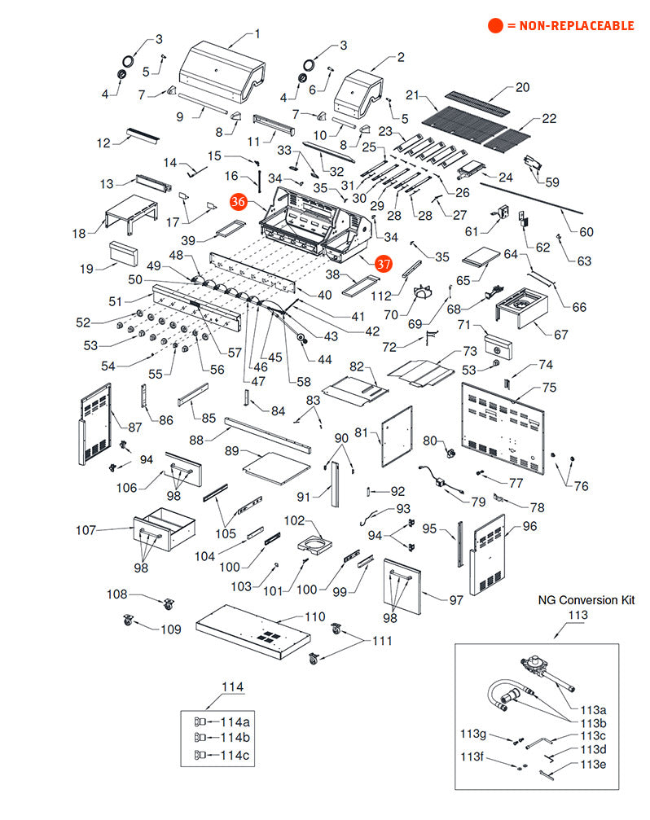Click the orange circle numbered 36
[x=238, y=203]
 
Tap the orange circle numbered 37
[x=384, y=263]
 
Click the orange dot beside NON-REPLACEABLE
[x=495, y=26]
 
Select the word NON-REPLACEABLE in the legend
[x=569, y=26]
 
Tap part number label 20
[x=522, y=87]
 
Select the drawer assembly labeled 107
[x=164, y=528]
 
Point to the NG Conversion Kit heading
[x=586, y=600]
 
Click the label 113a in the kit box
[x=593, y=709]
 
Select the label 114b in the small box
[x=234, y=738]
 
